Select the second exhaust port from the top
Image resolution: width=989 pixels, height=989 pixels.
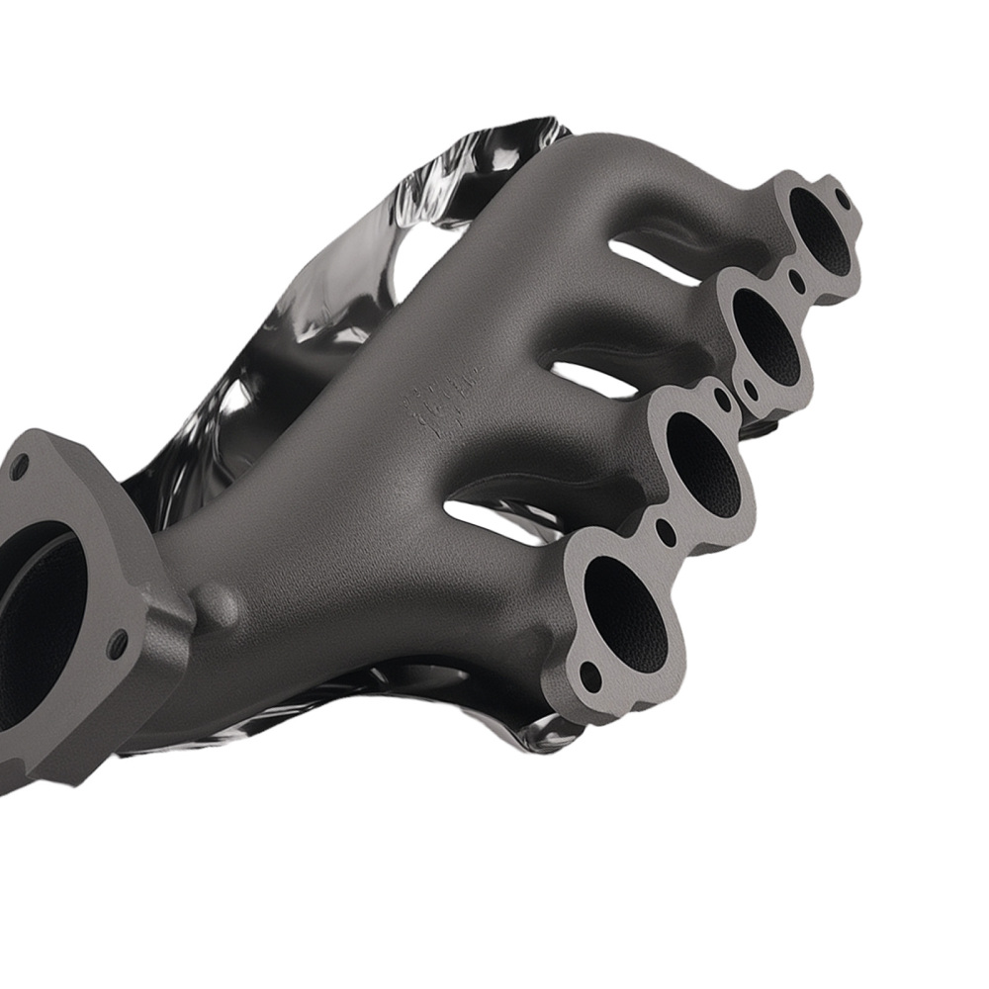coord(764,336)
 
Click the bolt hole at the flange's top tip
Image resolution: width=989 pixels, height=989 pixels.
coord(843,197)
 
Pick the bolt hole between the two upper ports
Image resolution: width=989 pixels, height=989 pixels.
coord(797,281)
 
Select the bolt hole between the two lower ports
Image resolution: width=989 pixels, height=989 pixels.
coord(665,531)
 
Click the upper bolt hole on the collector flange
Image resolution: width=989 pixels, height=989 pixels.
coord(18,468)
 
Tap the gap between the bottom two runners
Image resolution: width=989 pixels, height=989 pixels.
coord(494,516)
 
